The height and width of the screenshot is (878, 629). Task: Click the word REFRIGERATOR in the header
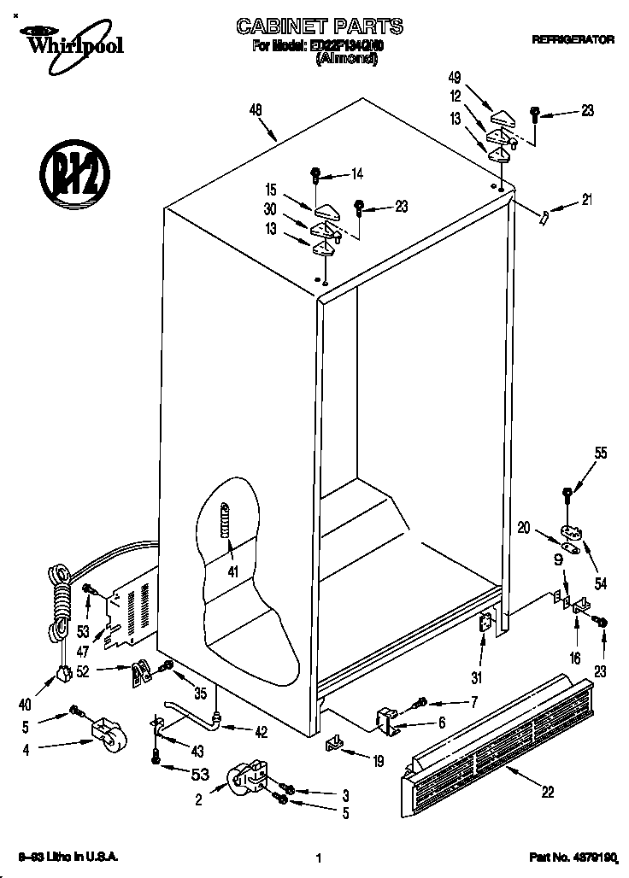(x=573, y=39)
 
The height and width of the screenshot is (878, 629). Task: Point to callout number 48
(x=256, y=109)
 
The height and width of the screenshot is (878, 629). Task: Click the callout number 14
(x=356, y=174)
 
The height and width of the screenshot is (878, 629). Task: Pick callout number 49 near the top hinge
(x=456, y=78)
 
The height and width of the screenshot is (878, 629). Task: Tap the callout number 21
(x=586, y=202)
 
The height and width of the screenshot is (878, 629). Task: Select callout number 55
(x=601, y=454)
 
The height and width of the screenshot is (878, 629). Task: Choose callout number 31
(x=477, y=679)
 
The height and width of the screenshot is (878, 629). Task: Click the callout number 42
(x=262, y=730)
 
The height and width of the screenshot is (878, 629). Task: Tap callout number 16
(x=575, y=658)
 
